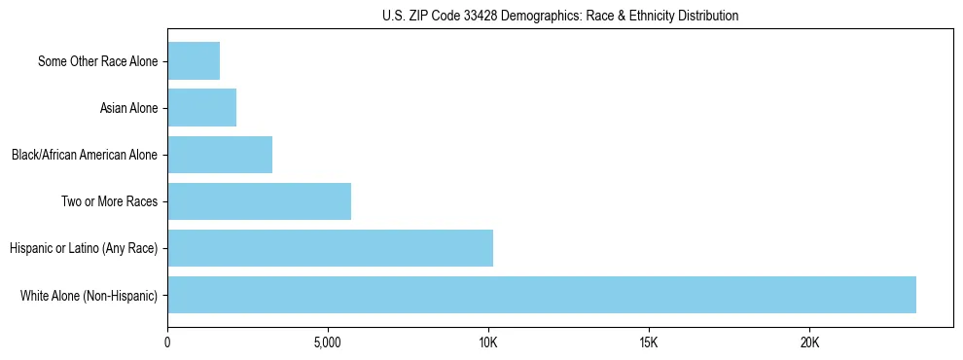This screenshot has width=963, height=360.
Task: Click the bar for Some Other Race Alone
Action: coord(194,61)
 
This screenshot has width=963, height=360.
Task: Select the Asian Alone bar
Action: coord(202,108)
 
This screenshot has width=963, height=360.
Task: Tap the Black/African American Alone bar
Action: coord(220,155)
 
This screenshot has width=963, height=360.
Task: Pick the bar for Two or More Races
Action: coord(259,201)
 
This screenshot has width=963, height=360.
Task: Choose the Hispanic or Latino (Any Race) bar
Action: coord(330,248)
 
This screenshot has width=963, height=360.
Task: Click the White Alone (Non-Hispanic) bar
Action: coord(542,295)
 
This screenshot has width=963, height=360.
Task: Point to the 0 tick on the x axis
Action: coord(167,343)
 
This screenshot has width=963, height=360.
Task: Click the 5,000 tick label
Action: coord(328,343)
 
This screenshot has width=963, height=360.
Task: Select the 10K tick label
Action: coord(488,343)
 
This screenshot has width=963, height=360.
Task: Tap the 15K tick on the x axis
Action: coord(649,343)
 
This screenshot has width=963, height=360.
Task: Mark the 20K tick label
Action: coord(809,343)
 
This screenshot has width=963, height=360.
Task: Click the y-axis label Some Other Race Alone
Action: coord(97,61)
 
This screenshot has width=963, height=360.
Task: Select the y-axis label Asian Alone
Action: coord(128,108)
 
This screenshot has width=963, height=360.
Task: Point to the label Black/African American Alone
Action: coord(84,155)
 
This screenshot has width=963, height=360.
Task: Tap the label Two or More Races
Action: coord(109,201)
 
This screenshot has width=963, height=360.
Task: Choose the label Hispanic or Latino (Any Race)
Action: coord(83,248)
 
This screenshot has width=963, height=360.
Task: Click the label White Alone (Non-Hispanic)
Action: coord(89,295)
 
